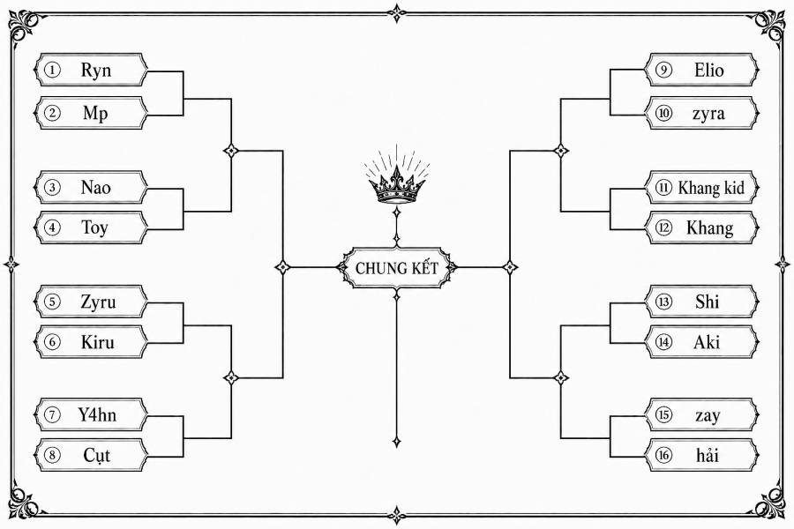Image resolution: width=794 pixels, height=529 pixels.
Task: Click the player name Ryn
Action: tap(95, 71)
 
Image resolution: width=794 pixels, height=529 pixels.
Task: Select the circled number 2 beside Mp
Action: tap(52, 112)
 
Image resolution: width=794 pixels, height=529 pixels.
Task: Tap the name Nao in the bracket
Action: tap(95, 188)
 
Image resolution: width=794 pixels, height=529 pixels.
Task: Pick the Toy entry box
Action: tap(91, 227)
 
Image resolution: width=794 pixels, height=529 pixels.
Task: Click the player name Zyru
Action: tap(98, 302)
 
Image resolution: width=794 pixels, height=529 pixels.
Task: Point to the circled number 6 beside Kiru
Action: tap(52, 342)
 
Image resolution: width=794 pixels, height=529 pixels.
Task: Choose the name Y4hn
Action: tap(97, 415)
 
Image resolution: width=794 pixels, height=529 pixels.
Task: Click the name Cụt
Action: tap(97, 456)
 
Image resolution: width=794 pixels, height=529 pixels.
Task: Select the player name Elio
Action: tap(709, 70)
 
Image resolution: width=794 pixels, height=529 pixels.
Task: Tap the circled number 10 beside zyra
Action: tap(663, 112)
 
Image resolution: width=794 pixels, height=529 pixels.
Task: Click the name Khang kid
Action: tap(711, 188)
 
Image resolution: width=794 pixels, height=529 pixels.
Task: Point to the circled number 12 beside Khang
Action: tap(663, 227)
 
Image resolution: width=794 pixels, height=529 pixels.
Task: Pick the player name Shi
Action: tap(707, 302)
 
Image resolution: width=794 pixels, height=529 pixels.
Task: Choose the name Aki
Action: tap(707, 342)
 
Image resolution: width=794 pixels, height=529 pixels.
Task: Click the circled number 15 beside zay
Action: tap(663, 415)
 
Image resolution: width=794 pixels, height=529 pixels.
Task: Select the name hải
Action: tap(708, 456)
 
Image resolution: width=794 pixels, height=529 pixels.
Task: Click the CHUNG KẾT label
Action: tap(396, 268)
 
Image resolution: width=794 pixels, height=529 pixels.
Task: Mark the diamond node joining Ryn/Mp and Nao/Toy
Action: tap(231, 151)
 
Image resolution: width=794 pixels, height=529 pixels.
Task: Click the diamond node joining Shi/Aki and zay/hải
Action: tap(560, 377)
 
